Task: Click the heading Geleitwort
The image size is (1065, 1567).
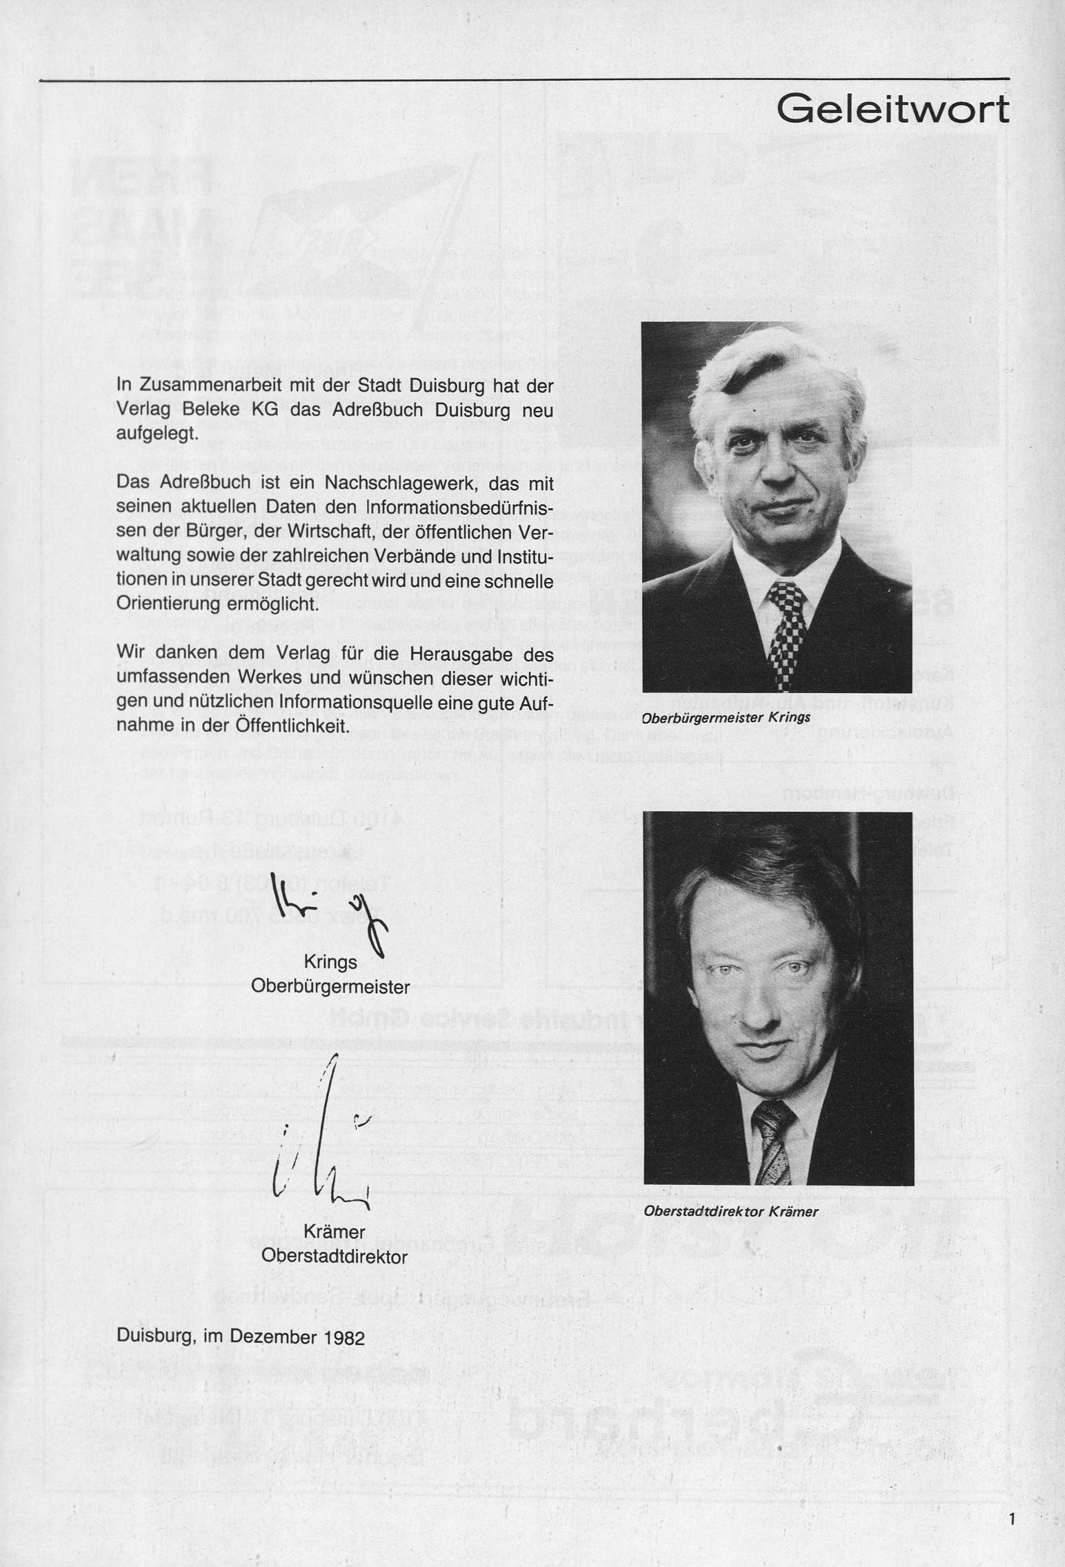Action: point(893,109)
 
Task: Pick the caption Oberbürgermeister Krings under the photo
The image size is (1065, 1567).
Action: point(726,718)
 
